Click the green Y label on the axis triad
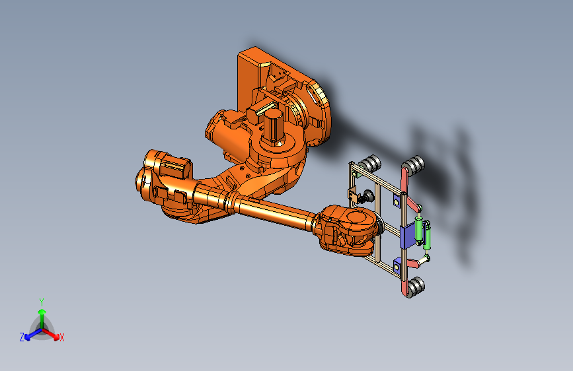tap(41, 300)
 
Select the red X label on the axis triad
tap(62, 338)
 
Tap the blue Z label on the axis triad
tap(22, 337)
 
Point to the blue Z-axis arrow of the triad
tap(30, 334)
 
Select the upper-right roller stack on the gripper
tap(415, 164)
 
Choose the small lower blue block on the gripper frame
tap(397, 264)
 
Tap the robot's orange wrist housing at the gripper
tap(347, 228)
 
